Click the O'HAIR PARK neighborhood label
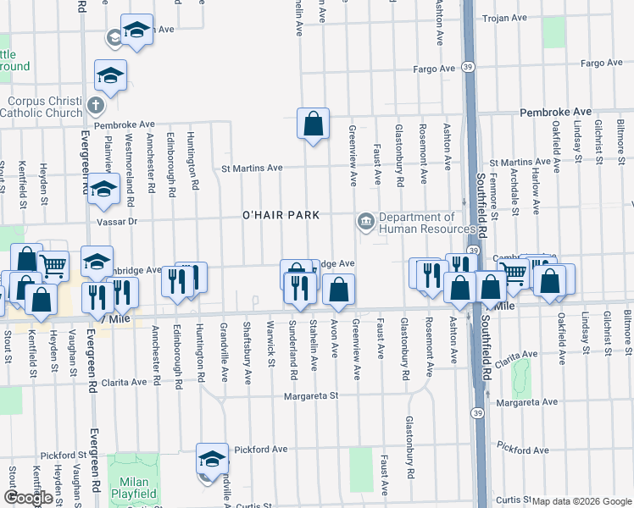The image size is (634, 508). (281, 215)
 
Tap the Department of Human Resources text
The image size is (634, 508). (427, 224)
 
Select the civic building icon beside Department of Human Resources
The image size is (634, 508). (366, 223)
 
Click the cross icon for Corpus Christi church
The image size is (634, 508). (95, 107)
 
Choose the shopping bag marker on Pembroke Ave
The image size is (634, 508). (314, 124)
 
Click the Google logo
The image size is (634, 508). (28, 498)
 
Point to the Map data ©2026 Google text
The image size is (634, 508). (581, 501)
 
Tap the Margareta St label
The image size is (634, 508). (311, 395)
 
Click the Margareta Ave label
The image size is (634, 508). (527, 402)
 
